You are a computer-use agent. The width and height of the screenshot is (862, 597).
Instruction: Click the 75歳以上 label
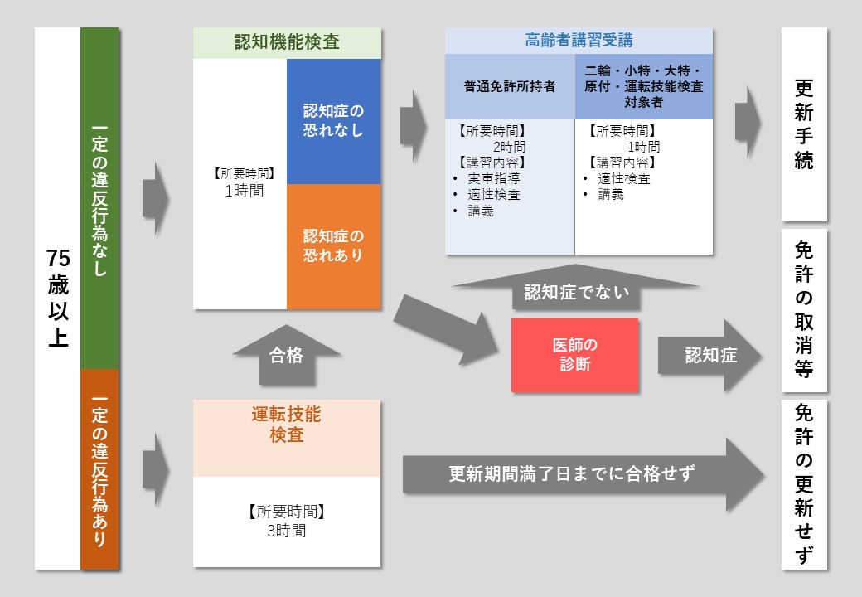point(57,298)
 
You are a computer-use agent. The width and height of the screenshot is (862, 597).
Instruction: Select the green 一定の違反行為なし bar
point(99,199)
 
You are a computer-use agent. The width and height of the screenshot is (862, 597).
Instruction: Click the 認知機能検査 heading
point(287,43)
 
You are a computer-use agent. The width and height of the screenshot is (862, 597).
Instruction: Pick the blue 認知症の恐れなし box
point(333,121)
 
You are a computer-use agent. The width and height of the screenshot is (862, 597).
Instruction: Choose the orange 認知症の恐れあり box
point(333,246)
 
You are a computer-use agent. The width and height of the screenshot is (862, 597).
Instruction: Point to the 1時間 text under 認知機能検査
point(240,190)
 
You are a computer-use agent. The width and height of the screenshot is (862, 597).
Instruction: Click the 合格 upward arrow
point(287,357)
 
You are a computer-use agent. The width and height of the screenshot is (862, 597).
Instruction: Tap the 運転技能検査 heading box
point(287,425)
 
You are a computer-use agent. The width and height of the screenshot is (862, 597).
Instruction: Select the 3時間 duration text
point(287,531)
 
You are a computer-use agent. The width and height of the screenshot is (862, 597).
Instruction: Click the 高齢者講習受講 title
point(579,40)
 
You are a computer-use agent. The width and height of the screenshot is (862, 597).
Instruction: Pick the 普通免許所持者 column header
point(510,86)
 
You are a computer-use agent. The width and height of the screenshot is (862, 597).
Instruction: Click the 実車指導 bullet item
point(494,178)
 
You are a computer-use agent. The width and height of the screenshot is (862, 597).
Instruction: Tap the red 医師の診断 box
point(574,355)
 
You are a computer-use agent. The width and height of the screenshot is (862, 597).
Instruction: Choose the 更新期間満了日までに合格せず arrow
point(572,474)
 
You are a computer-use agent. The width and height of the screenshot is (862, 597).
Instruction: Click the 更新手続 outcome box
point(804,124)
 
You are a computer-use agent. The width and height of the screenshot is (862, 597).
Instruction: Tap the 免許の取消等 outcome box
point(804,310)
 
